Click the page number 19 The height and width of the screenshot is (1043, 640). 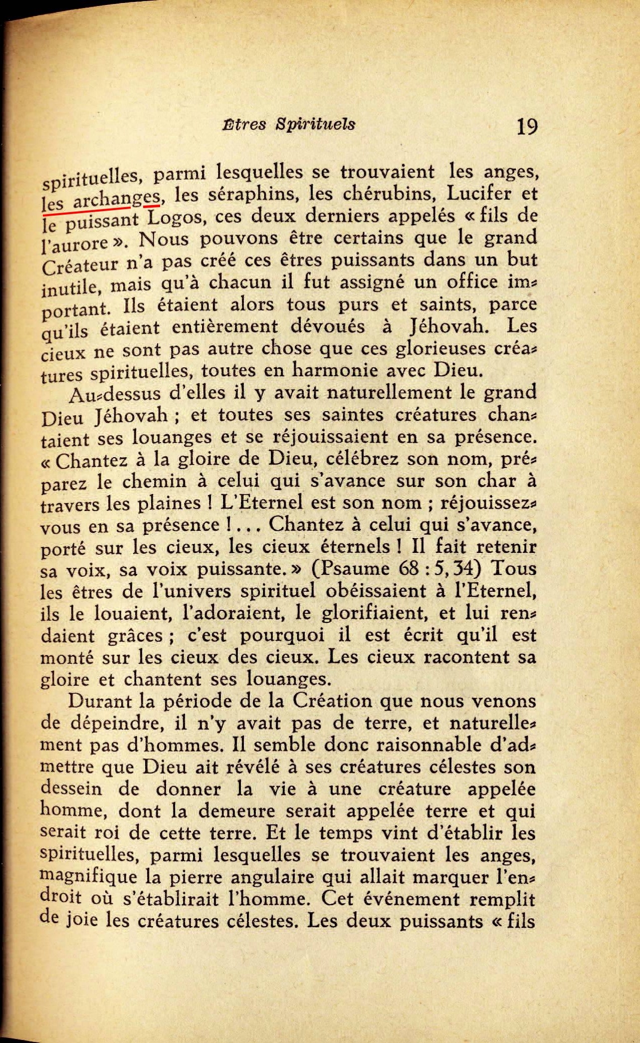[x=527, y=127]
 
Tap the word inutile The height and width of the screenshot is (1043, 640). [x=69, y=286]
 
